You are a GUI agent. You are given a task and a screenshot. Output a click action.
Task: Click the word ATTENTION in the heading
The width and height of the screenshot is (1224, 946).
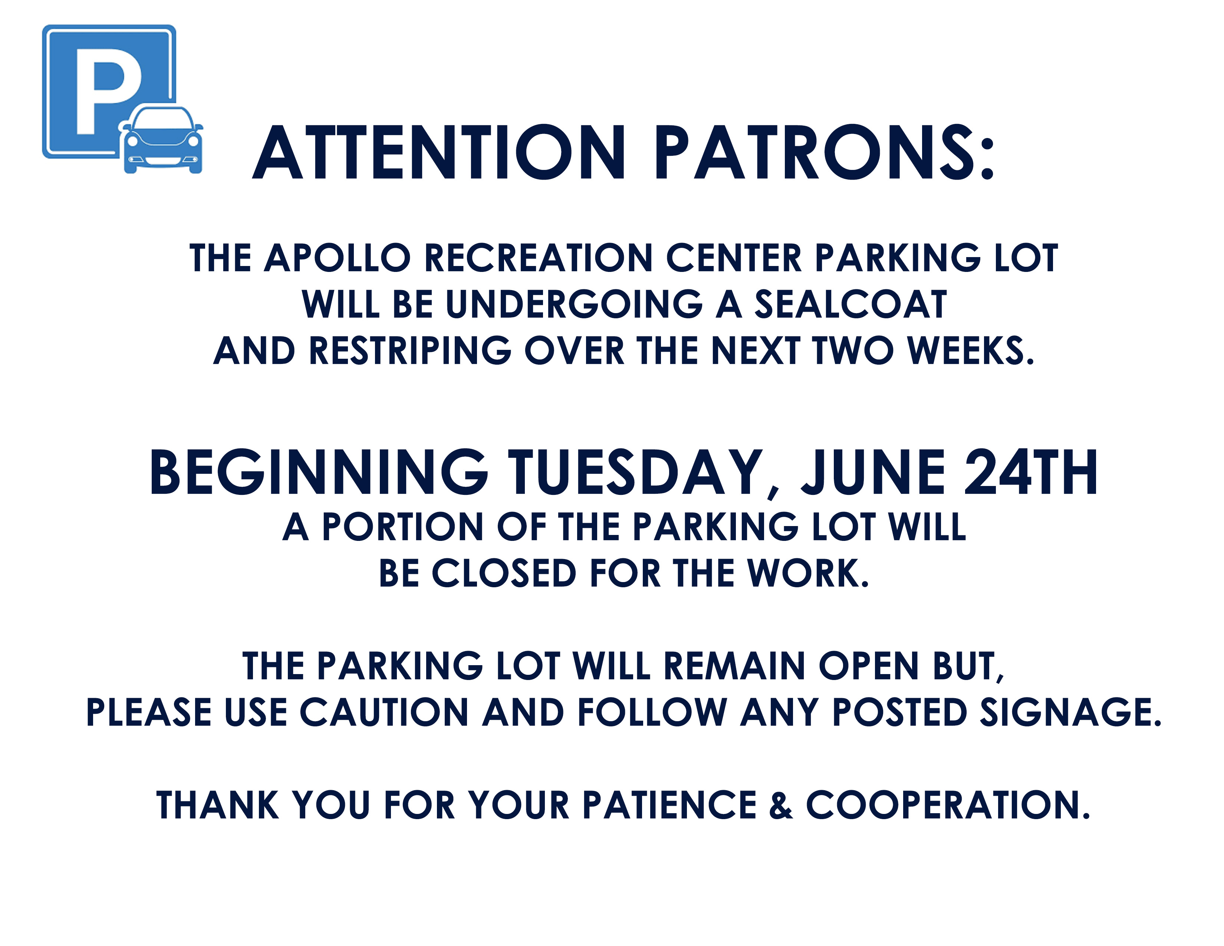tap(439, 152)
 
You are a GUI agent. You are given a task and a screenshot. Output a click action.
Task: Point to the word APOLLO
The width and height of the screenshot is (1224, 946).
tap(338, 258)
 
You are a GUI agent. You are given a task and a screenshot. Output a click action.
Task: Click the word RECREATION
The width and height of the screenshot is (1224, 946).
tap(539, 258)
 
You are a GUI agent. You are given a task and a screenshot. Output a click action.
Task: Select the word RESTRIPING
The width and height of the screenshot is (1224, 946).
tap(410, 351)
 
